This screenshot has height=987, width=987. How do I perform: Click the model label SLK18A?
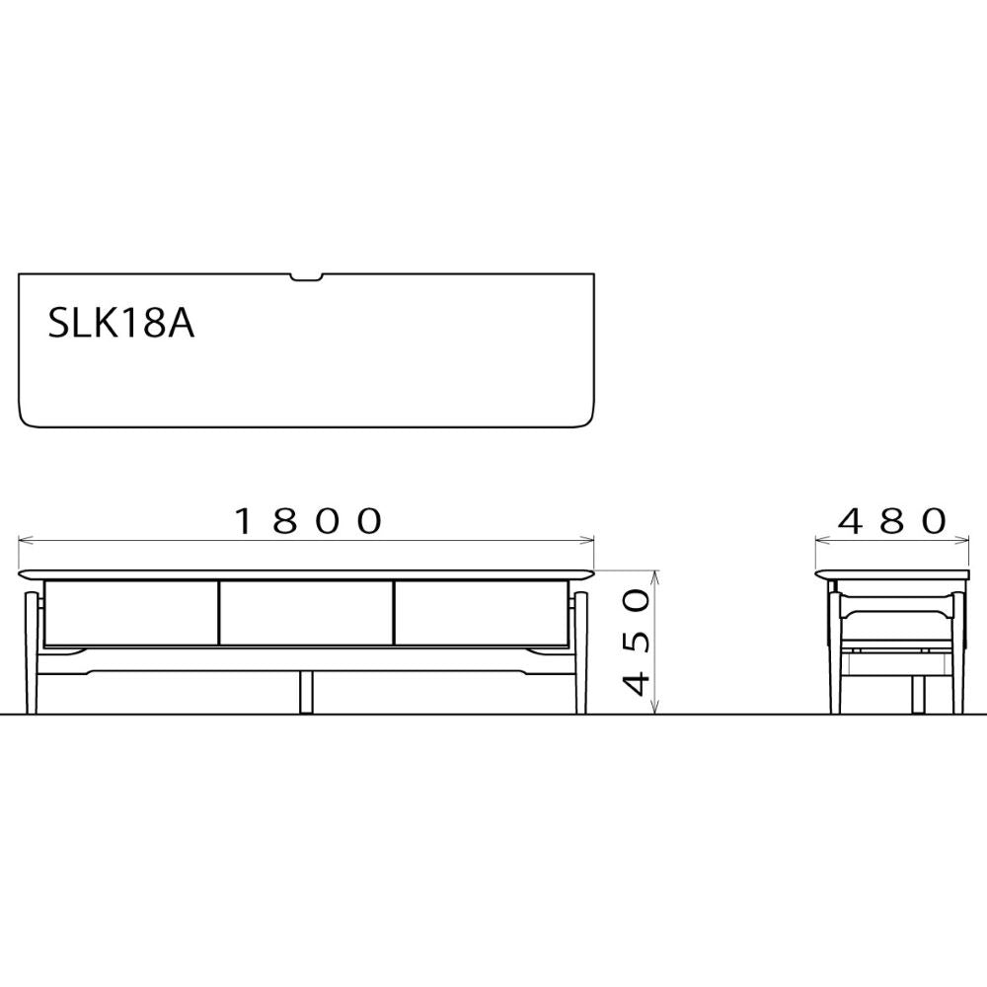click(120, 323)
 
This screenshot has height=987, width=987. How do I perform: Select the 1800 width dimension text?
click(308, 521)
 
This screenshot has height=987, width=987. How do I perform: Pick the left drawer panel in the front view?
click(128, 613)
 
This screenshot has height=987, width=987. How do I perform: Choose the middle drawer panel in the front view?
click(306, 613)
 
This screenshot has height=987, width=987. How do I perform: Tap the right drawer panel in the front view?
click(481, 613)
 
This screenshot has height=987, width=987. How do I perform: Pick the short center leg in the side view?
click(918, 694)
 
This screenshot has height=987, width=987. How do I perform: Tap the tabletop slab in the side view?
click(892, 573)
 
